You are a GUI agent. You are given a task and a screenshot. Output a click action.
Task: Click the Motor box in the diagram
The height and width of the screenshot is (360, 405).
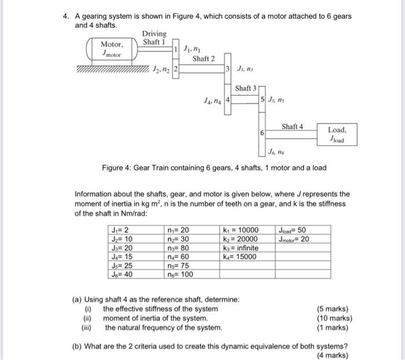tap(112, 48)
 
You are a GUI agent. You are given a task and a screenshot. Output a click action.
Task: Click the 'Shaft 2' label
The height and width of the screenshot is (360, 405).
tap(203, 58)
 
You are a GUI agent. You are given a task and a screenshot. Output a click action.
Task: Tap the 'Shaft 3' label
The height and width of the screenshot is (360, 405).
tap(245, 88)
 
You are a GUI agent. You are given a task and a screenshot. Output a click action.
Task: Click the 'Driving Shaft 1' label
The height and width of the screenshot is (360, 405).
tap(154, 38)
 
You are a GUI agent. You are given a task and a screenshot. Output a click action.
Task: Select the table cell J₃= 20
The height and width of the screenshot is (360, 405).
tap(123, 248)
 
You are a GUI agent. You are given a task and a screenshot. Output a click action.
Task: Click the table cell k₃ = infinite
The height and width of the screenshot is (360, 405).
tap(240, 248)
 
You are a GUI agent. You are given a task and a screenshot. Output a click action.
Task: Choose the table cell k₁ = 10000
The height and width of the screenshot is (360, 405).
tap(240, 230)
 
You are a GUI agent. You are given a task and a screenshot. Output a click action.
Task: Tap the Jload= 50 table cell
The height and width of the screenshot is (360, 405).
tap(293, 230)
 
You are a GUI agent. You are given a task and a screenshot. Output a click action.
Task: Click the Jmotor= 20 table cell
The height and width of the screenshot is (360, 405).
tap(294, 239)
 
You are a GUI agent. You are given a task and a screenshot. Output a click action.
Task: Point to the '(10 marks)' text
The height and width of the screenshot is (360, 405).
tap(335, 318)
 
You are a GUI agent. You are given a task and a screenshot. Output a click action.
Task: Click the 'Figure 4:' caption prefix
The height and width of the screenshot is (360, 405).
tap(117, 168)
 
